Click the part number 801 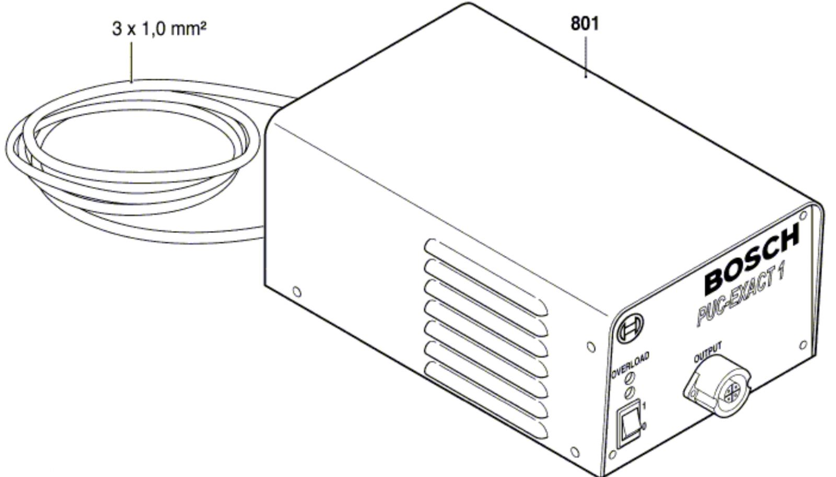coord(585,24)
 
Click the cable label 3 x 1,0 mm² coord(159,29)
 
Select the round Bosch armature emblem coord(630,329)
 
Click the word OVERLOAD coord(630,365)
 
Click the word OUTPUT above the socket coord(707,352)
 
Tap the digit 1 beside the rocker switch coord(644,405)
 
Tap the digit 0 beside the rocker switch coord(644,426)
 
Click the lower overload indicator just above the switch coord(630,392)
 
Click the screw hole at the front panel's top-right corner coord(803,216)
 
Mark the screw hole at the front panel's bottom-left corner coord(612,455)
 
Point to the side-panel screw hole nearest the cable coord(297,292)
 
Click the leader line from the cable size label coord(131,62)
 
